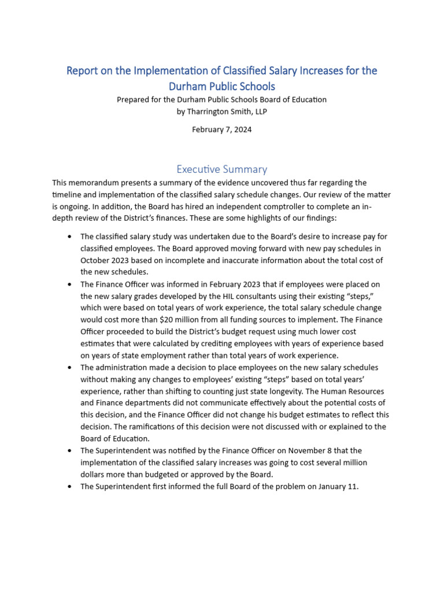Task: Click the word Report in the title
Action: pos(83,71)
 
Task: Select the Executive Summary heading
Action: pos(221,169)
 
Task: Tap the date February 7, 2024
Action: pos(221,129)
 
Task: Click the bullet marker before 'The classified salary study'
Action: pos(70,236)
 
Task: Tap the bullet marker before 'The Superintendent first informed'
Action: pos(70,487)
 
